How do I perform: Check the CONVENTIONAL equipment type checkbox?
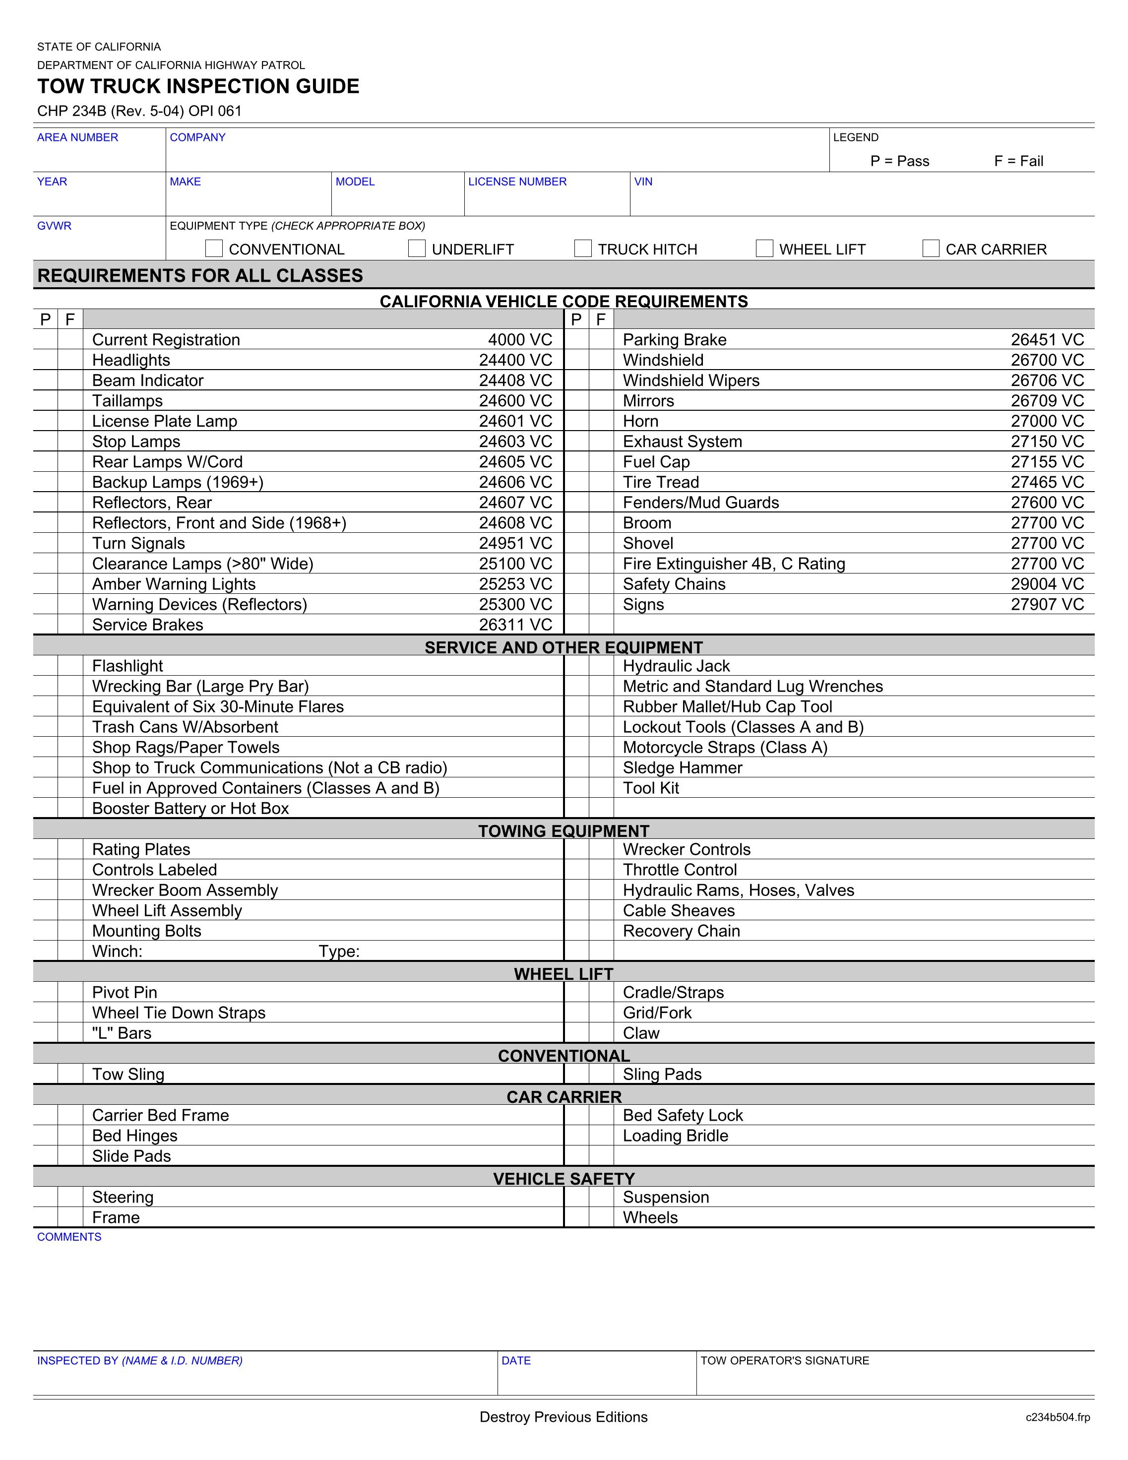point(214,249)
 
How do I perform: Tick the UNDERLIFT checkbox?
point(417,249)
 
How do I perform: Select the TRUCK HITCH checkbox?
point(583,249)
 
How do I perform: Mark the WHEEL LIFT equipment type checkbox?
point(764,249)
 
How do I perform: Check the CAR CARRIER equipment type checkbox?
point(931,249)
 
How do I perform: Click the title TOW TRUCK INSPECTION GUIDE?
point(198,86)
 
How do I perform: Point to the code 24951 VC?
point(515,544)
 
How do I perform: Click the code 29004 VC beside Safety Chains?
point(1047,584)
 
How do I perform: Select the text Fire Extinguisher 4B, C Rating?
point(734,564)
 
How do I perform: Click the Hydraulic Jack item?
point(676,666)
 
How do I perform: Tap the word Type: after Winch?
point(339,952)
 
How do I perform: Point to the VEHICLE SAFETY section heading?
point(564,1179)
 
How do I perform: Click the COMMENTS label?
point(69,1237)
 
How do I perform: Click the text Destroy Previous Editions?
point(564,1417)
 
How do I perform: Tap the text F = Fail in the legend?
point(1018,161)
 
